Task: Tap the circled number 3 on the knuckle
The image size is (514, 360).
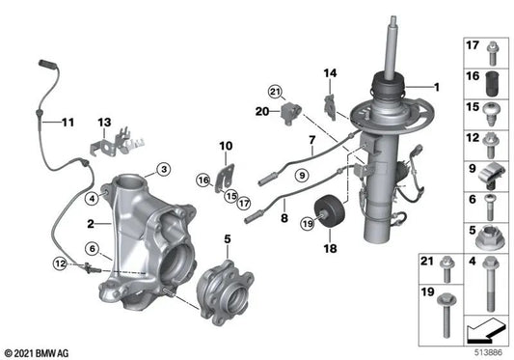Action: [x=164, y=170]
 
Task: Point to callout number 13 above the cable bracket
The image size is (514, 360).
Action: [x=104, y=123]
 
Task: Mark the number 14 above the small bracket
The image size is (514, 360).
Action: [x=330, y=73]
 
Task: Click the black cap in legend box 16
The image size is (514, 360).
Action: [x=489, y=80]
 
